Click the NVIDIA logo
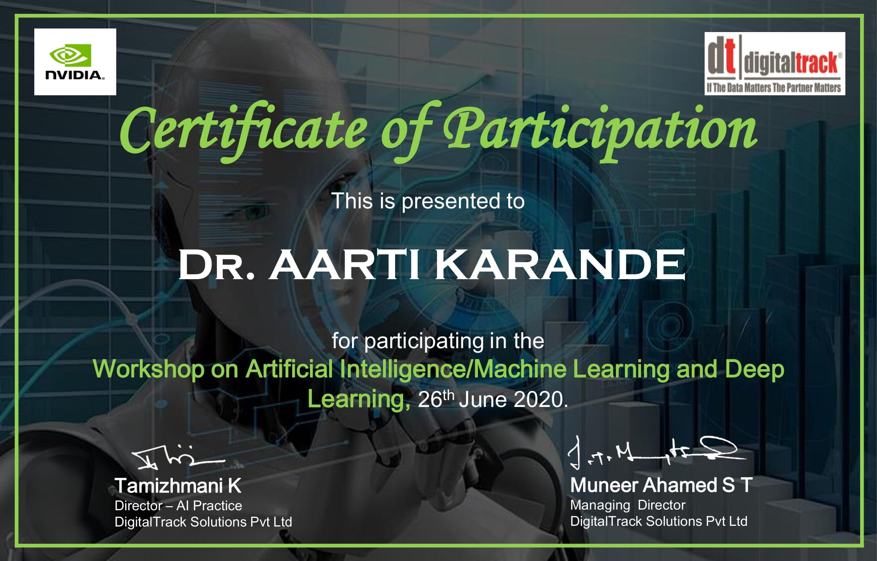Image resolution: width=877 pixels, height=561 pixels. [x=75, y=62]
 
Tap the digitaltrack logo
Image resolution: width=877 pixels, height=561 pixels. [x=775, y=63]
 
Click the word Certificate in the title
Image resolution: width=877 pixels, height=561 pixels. [x=243, y=130]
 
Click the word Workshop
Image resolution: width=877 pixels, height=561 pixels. [x=148, y=370]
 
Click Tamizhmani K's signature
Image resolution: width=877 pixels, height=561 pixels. [x=178, y=456]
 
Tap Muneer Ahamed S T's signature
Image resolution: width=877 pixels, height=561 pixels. [x=656, y=451]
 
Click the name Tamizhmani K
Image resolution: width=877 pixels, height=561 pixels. [x=178, y=486]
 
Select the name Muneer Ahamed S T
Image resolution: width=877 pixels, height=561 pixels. [x=661, y=485]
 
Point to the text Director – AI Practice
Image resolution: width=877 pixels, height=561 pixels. [x=178, y=506]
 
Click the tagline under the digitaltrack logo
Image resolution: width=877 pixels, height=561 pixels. [x=774, y=87]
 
